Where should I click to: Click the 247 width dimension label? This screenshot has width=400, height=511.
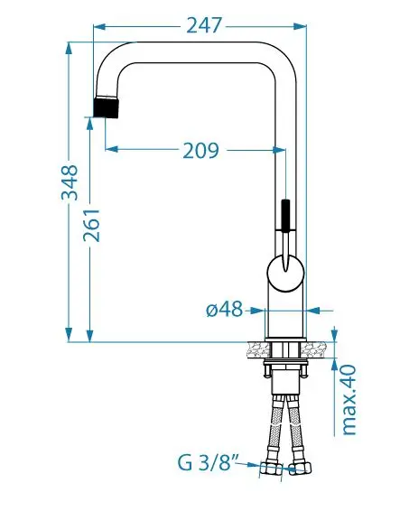pyautogui.click(x=204, y=25)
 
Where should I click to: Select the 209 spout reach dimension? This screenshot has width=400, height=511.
pyautogui.click(x=200, y=151)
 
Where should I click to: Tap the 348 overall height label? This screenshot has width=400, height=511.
pyautogui.click(x=70, y=182)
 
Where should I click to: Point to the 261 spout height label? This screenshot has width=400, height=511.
pyautogui.click(x=91, y=225)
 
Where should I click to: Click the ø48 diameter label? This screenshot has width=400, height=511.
pyautogui.click(x=225, y=309)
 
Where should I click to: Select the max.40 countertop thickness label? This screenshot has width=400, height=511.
pyautogui.click(x=349, y=400)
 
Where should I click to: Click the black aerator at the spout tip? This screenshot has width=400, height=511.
pyautogui.click(x=106, y=107)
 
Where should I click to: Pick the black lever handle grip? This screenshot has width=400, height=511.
pyautogui.click(x=285, y=215)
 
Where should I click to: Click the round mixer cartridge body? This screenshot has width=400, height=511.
pyautogui.click(x=285, y=273)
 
